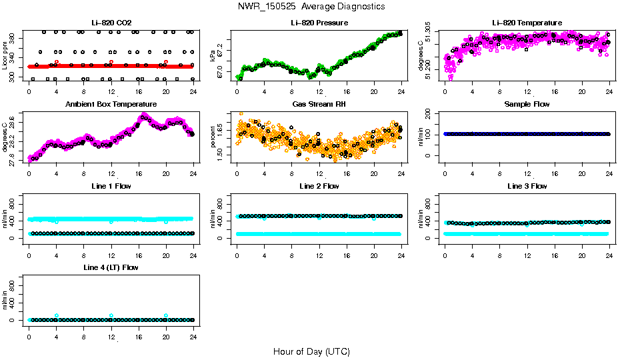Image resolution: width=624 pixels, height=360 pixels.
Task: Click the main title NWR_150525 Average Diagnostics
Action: click(x=311, y=7)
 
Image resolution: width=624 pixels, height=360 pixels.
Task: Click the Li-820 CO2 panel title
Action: click(x=111, y=23)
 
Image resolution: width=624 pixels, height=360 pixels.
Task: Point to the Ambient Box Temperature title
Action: click(x=111, y=104)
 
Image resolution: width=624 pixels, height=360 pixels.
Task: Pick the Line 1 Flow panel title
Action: click(x=111, y=186)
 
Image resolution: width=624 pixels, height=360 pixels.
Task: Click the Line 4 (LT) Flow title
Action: click(x=111, y=267)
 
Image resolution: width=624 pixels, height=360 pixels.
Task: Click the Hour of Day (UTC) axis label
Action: click(x=311, y=351)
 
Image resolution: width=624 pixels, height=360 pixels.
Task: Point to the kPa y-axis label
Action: click(x=213, y=55)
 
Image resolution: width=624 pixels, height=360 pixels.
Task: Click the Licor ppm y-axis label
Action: click(x=5, y=55)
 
